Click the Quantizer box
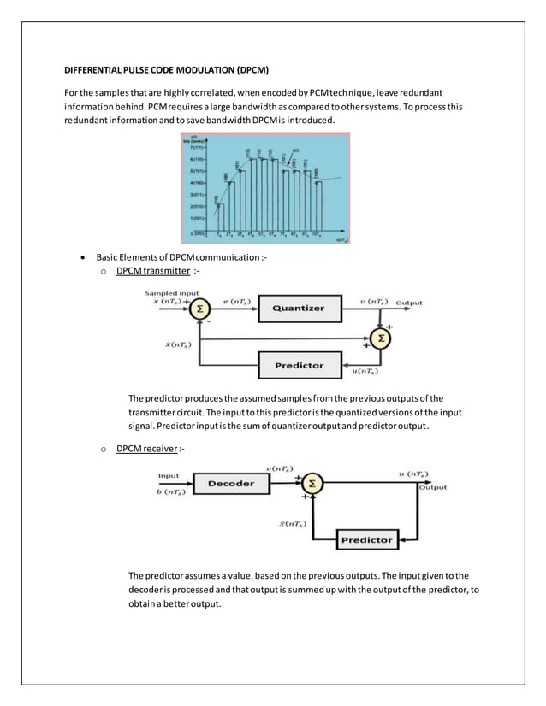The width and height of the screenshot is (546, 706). [x=299, y=309]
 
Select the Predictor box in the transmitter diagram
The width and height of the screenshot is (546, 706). [x=299, y=365]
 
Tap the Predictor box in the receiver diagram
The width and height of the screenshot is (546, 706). [x=366, y=539]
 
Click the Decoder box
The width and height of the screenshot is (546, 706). [x=231, y=483]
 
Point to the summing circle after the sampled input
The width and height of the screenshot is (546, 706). [x=199, y=309]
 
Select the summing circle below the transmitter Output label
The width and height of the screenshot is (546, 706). [x=382, y=339]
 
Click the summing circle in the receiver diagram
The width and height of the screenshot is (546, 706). [x=312, y=484]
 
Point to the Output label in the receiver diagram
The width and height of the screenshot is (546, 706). [x=434, y=487]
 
